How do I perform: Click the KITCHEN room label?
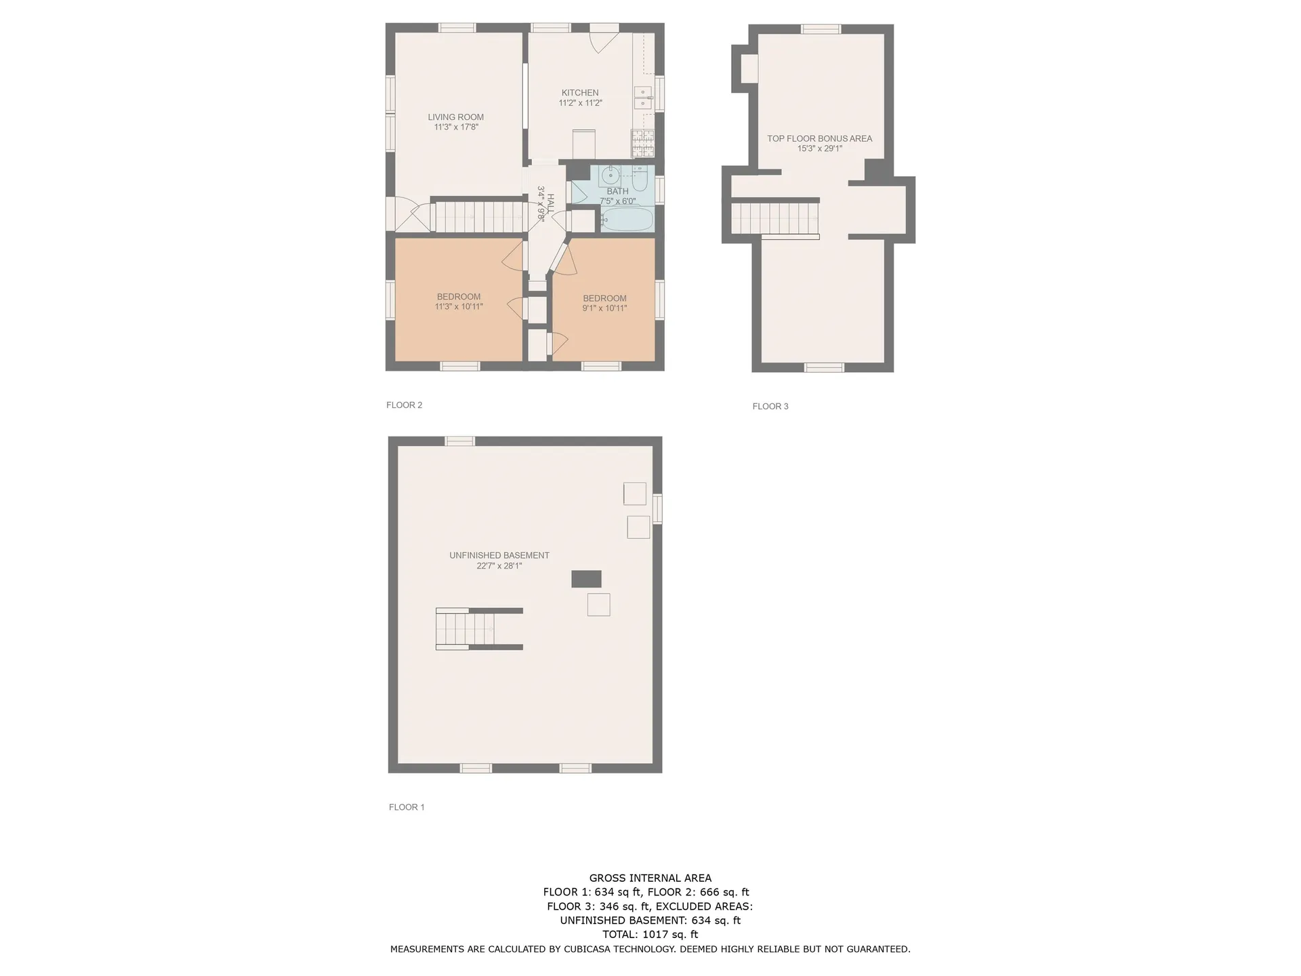click(580, 93)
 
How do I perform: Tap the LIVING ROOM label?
click(455, 117)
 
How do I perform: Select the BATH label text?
click(617, 191)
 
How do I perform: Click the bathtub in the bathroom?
click(627, 220)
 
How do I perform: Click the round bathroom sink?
click(611, 176)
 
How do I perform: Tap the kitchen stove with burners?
click(643, 143)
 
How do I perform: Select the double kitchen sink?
click(643, 98)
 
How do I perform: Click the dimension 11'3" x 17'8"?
click(456, 127)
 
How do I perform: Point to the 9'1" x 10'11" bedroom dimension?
click(604, 308)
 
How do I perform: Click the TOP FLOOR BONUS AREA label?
click(819, 138)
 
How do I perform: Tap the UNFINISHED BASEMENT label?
click(499, 556)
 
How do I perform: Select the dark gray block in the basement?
click(586, 579)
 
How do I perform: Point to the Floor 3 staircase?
click(775, 219)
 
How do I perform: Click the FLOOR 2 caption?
click(404, 405)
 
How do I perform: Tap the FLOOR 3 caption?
click(770, 407)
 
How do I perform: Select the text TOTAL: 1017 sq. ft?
click(650, 935)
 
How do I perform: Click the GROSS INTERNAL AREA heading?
click(650, 878)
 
